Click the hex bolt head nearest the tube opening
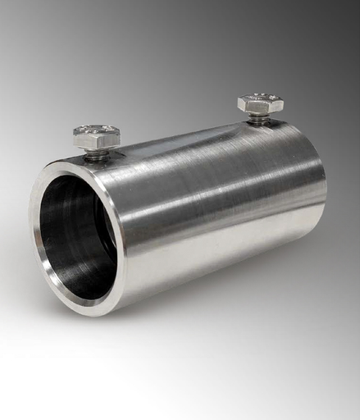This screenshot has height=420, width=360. coord(97,136)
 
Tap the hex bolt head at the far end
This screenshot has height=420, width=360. coord(260,103)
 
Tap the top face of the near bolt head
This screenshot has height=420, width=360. coord(97,131)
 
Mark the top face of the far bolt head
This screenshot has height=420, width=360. coord(260,99)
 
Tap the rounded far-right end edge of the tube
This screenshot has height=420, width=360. coord(322,189)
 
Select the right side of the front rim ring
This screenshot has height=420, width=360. coord(122,238)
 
